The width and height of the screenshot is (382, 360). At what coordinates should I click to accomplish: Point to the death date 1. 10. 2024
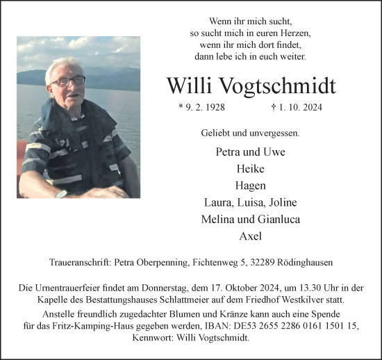coord(299,108)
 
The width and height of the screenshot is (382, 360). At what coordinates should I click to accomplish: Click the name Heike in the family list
coord(250,168)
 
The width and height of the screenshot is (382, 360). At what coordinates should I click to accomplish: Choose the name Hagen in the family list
coord(250,186)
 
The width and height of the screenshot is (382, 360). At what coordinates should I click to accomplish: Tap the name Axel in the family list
coord(250,236)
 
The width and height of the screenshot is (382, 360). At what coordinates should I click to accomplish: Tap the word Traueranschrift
coord(81,263)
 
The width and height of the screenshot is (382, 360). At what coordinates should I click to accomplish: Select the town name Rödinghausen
coord(301,263)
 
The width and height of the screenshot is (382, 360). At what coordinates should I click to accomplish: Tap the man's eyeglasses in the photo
coord(68,81)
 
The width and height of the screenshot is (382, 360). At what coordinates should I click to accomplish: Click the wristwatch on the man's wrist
coord(61,193)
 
